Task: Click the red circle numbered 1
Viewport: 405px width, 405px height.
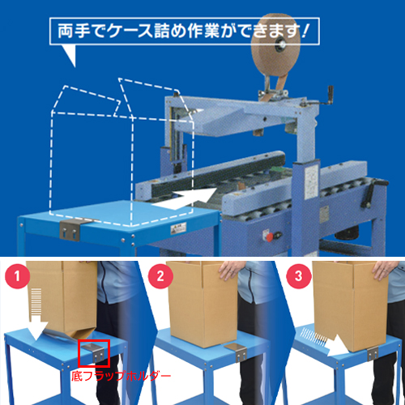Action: (17, 276)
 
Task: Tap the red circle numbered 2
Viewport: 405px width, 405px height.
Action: (160, 276)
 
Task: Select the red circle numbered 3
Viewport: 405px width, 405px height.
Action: (298, 276)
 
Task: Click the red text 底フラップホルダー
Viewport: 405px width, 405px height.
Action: (122, 376)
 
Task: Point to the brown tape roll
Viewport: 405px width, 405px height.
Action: (275, 45)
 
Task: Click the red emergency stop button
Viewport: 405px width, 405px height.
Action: (270, 237)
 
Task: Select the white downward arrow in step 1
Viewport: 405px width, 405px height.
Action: (38, 314)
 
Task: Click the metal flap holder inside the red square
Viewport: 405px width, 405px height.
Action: (94, 352)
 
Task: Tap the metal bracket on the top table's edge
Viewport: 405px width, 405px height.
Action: (72, 230)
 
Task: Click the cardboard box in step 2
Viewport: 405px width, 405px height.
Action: (202, 304)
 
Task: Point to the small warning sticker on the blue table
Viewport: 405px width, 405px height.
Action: (178, 228)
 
